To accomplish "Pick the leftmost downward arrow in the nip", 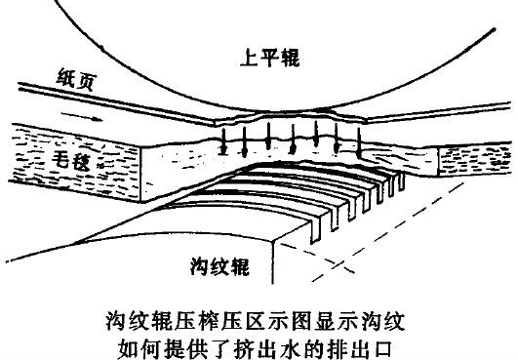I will (223, 139).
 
